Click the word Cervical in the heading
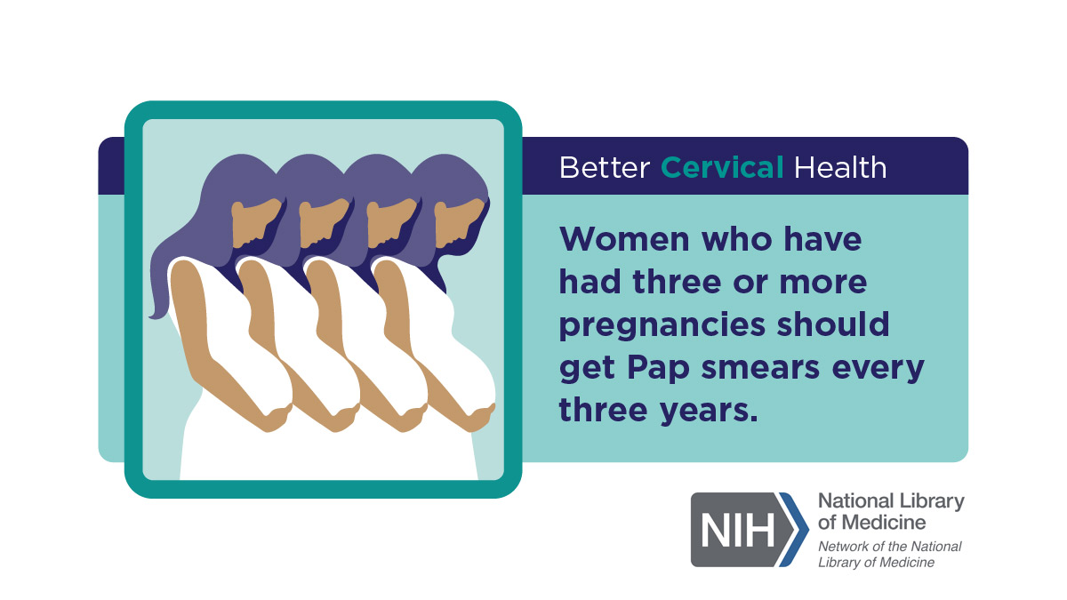coord(722,168)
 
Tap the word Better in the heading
coord(605,168)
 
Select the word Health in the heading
coord(840,168)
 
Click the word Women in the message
coord(624,239)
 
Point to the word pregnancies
coord(662,325)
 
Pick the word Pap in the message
coord(658,369)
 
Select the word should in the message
coord(833,324)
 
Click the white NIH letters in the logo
coord(737,531)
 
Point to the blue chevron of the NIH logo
coord(795,530)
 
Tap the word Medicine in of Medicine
coord(885,523)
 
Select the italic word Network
coord(843,546)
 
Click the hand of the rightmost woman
coord(480,418)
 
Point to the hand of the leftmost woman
coord(277,418)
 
